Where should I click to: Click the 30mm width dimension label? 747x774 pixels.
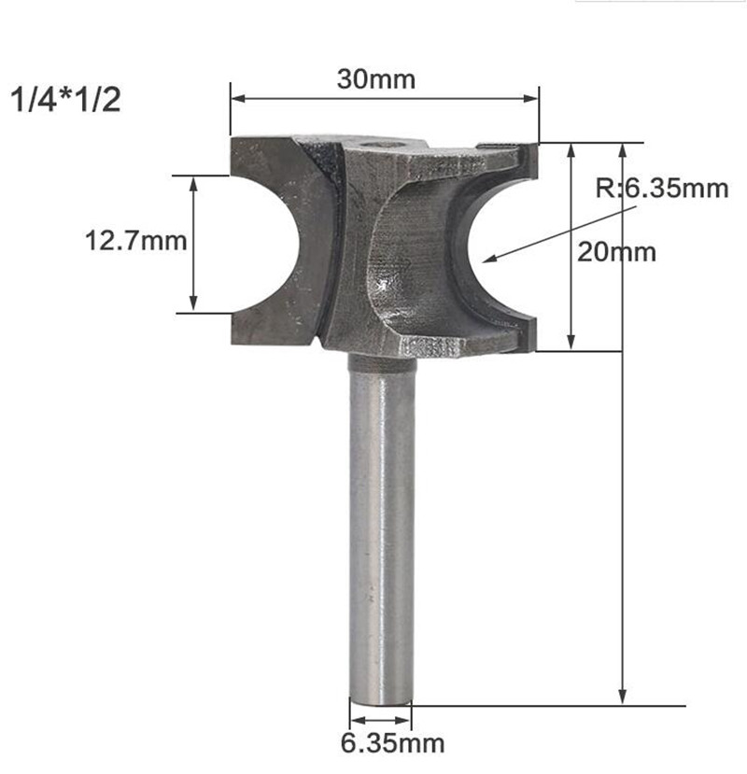click(x=376, y=79)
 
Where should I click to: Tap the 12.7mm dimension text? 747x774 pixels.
click(x=136, y=242)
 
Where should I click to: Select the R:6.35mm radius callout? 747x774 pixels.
click(x=662, y=190)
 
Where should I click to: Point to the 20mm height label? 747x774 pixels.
click(x=616, y=252)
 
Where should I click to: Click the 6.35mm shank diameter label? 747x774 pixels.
click(x=380, y=743)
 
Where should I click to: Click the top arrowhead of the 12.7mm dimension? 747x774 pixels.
click(x=194, y=181)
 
